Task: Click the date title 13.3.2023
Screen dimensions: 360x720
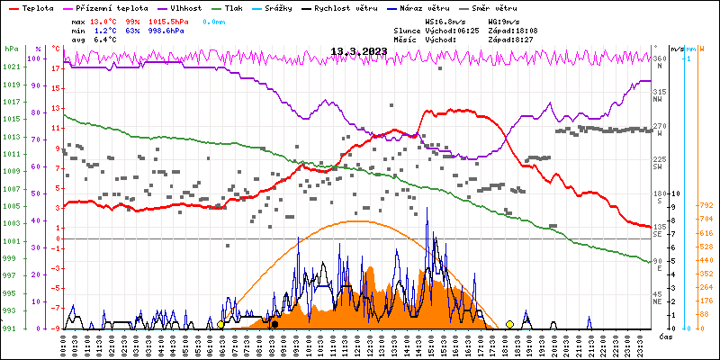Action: (359, 51)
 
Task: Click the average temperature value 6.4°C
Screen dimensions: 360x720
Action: (104, 40)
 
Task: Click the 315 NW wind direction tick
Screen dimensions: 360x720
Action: (660, 94)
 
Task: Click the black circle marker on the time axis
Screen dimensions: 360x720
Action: (274, 324)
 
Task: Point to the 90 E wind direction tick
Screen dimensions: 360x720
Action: (658, 265)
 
